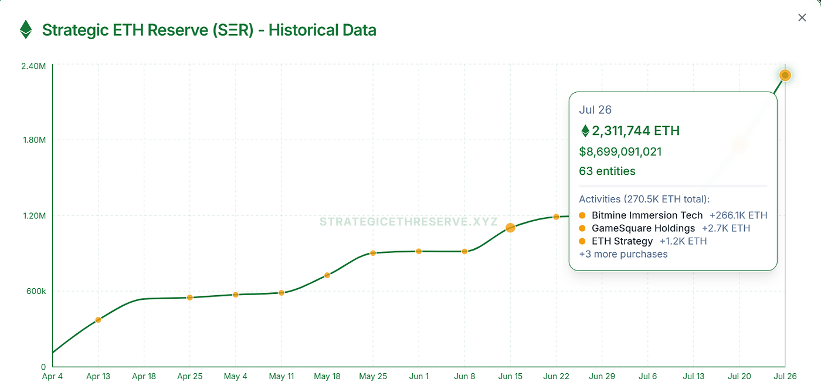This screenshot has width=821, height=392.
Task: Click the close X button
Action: [802, 18]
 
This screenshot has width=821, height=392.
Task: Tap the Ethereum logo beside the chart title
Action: [26, 29]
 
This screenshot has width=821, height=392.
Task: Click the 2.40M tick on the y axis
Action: [33, 66]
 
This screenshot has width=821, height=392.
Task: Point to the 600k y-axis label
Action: [35, 292]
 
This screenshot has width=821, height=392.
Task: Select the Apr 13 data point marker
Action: [98, 320]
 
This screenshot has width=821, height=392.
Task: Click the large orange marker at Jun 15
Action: [510, 228]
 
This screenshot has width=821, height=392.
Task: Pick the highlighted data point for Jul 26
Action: [785, 75]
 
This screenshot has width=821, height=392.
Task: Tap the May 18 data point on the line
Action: [327, 275]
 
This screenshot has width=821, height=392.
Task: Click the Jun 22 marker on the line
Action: [556, 217]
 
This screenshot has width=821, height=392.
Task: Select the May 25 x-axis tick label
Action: [373, 377]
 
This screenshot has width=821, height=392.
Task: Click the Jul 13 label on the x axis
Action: [694, 377]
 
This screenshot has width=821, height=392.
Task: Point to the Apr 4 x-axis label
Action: [52, 377]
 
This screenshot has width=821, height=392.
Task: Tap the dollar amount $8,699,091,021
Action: [620, 152]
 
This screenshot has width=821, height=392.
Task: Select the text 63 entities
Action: [607, 171]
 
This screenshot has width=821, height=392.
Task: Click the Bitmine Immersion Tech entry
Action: [647, 215]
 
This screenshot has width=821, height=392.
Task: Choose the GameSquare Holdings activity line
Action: [643, 228]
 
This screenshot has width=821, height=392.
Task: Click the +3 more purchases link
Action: [623, 254]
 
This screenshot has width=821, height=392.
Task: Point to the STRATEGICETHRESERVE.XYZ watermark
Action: [408, 222]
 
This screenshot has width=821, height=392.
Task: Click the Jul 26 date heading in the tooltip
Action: [595, 110]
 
